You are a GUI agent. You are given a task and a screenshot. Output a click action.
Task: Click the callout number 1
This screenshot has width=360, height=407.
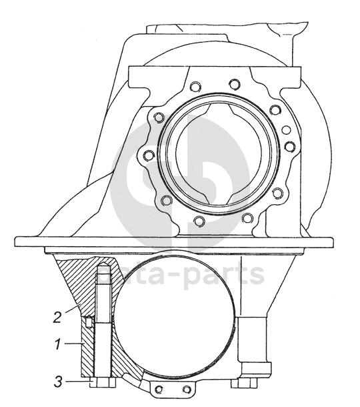coord(59,345)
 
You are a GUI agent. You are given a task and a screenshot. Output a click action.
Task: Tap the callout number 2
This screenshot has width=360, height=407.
coord(57,317)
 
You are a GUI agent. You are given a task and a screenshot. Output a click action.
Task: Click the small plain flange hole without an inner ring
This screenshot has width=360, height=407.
coord(287,129)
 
